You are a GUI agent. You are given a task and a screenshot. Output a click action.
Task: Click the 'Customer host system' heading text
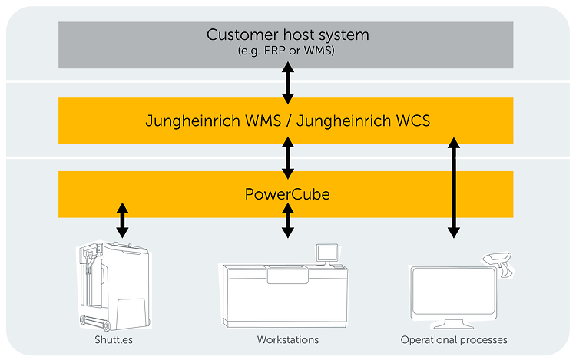click(288, 35)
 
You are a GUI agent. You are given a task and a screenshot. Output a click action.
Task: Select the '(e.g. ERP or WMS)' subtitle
click(288, 51)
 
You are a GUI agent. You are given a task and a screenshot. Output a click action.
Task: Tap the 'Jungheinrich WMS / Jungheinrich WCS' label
click(287, 121)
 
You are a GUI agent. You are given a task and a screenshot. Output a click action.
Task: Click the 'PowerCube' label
click(287, 194)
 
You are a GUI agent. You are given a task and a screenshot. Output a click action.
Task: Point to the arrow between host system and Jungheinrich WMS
click(288, 83)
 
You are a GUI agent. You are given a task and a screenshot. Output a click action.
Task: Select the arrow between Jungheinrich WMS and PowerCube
click(288, 157)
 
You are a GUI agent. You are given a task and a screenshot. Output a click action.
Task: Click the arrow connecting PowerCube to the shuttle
click(121, 220)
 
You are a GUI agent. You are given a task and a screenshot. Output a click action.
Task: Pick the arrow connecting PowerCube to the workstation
click(288, 220)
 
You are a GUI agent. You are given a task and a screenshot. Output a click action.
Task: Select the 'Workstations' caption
click(288, 339)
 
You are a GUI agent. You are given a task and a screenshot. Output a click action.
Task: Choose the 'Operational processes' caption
click(454, 339)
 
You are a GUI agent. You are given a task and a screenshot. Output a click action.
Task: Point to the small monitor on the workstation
click(327, 254)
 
